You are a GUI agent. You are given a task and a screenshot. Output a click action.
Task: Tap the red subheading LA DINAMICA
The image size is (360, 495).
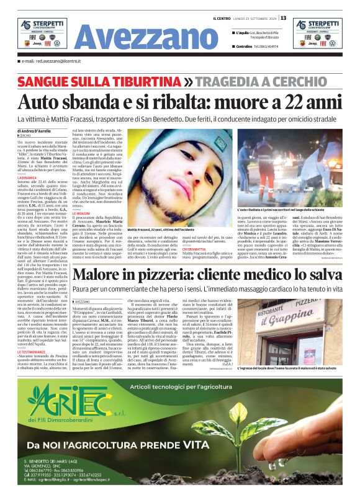[28, 177]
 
